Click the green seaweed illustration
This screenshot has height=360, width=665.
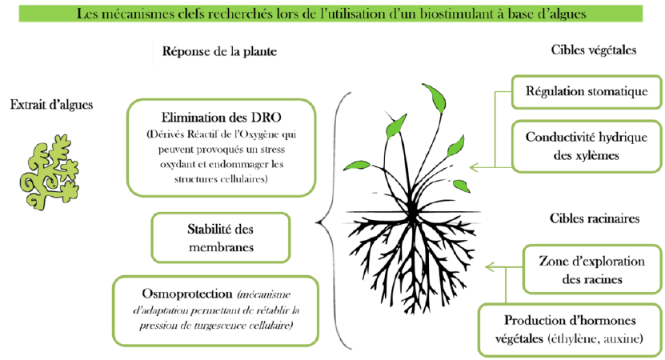pos(49,172)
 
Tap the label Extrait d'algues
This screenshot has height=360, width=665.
pos(51,105)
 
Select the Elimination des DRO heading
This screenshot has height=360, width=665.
pos(221,118)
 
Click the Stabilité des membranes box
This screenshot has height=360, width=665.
pos(221,238)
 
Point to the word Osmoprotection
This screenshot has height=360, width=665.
pos(187,294)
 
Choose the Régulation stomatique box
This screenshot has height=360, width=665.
pos(587,91)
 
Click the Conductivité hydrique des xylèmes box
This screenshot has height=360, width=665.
pos(587,146)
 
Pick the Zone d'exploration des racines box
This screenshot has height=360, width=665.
pos(592,270)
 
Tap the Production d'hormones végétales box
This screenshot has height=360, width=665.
pos(570,330)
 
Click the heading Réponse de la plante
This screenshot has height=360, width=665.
pos(220,52)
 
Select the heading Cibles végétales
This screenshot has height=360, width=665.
pos(594,50)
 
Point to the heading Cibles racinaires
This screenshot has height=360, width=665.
pos(595,218)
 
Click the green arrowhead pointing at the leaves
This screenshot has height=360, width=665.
pos(474,167)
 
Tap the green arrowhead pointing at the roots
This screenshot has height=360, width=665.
pos(490,267)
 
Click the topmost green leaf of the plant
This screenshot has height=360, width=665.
pos(435,97)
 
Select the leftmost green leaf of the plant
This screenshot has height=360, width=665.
pos(357,166)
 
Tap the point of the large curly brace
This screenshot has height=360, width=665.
pos(317,222)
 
